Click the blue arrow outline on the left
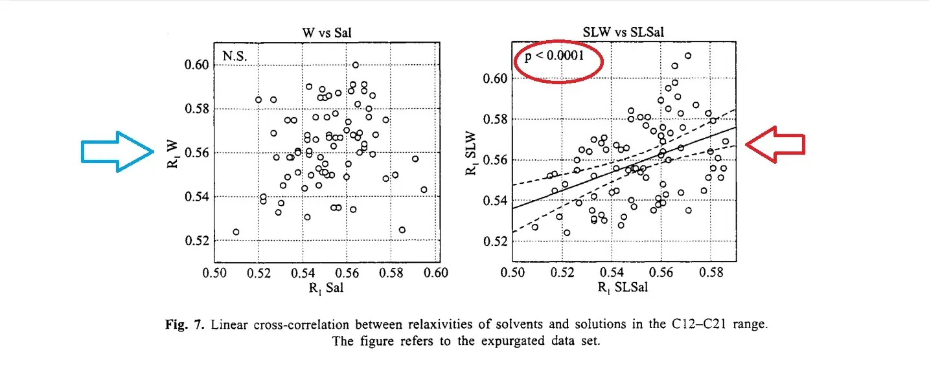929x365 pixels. point(117,151)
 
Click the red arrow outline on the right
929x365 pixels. point(775,145)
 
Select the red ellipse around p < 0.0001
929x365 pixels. point(558,57)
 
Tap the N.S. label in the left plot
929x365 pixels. point(235,56)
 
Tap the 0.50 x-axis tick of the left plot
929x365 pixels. point(215,272)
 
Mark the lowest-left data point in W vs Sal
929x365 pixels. point(236,232)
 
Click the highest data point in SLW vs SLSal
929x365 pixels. point(688,56)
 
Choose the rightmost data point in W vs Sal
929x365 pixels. point(424,190)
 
